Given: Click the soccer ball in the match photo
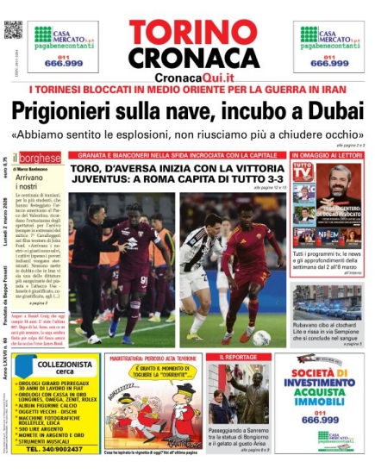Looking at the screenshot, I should tap(260, 337).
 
